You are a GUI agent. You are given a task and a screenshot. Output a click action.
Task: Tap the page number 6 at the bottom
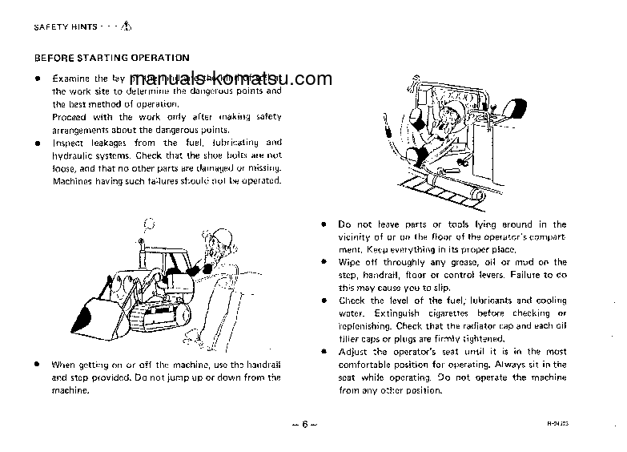pyautogui.click(x=305, y=424)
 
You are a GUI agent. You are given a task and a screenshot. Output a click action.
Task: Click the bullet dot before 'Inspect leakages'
pyautogui.click(x=37, y=143)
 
